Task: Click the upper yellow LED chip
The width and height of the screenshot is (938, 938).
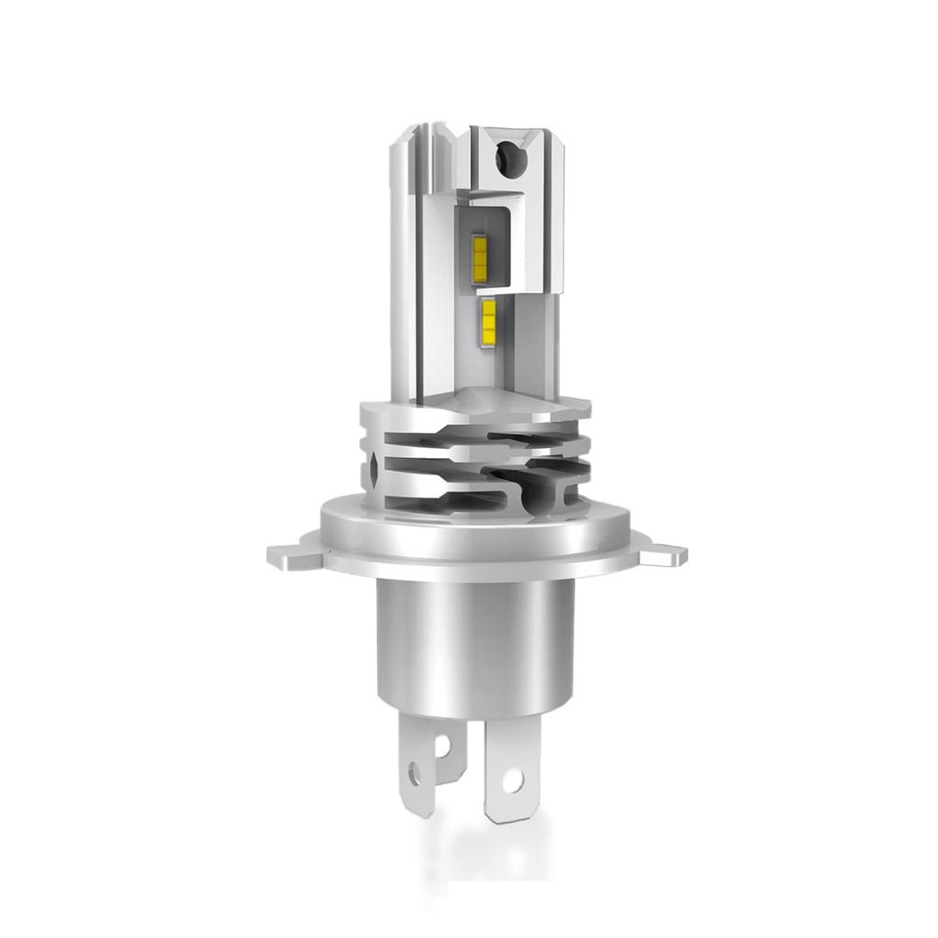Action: point(479,253)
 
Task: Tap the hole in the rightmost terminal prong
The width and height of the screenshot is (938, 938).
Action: point(512,780)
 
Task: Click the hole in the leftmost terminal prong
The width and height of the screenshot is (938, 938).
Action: point(416,775)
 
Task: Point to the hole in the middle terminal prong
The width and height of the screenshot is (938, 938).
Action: point(442,746)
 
